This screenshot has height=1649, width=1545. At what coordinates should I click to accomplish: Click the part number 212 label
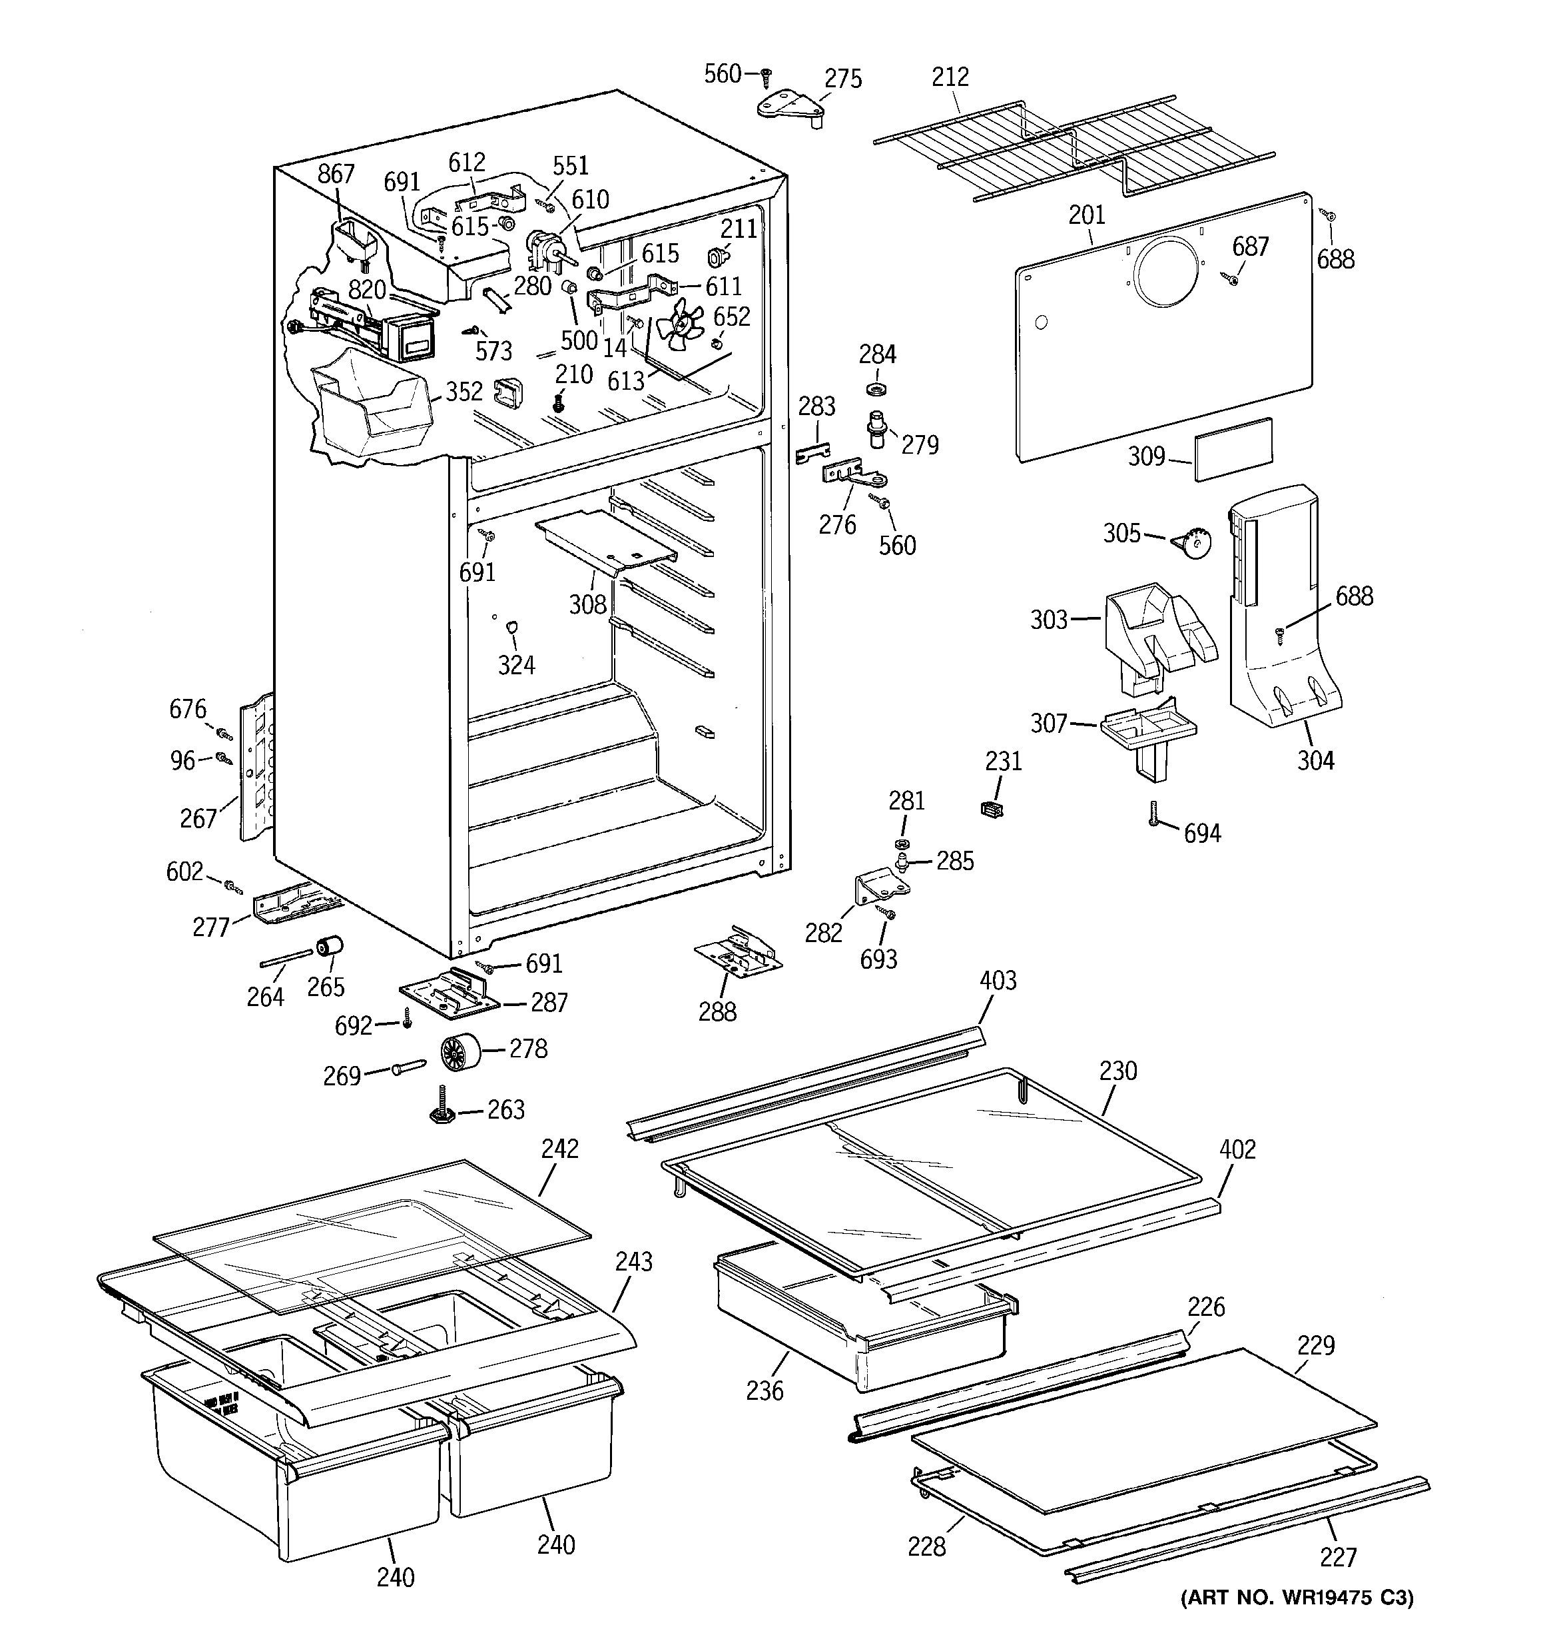coord(950,77)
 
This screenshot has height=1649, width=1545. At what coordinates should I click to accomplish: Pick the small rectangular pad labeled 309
coord(1234,449)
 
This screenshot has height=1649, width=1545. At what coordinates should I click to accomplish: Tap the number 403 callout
coord(998,981)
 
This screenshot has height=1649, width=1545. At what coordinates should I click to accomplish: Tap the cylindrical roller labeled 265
coord(329,947)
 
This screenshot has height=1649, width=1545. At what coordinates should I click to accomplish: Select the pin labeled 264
coord(284,959)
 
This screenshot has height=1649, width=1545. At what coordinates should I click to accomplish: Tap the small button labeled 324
coord(511,626)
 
